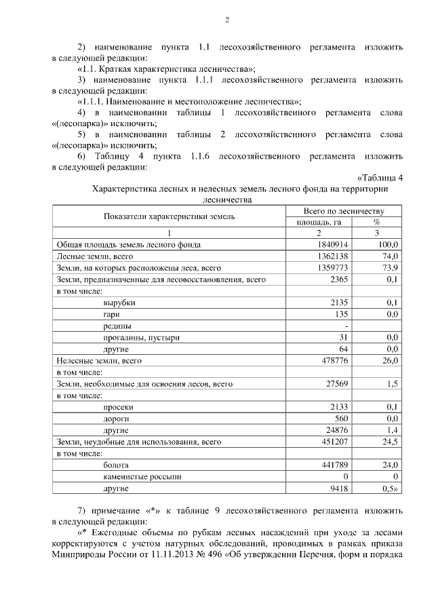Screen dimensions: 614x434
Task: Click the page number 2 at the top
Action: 227,19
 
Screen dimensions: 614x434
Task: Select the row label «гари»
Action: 111,314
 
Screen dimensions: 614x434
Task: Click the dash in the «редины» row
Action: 346,326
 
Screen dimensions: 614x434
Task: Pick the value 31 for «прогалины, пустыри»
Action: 342,338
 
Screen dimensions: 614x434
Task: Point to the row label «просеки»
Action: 117,407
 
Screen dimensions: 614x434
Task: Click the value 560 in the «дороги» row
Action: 340,419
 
